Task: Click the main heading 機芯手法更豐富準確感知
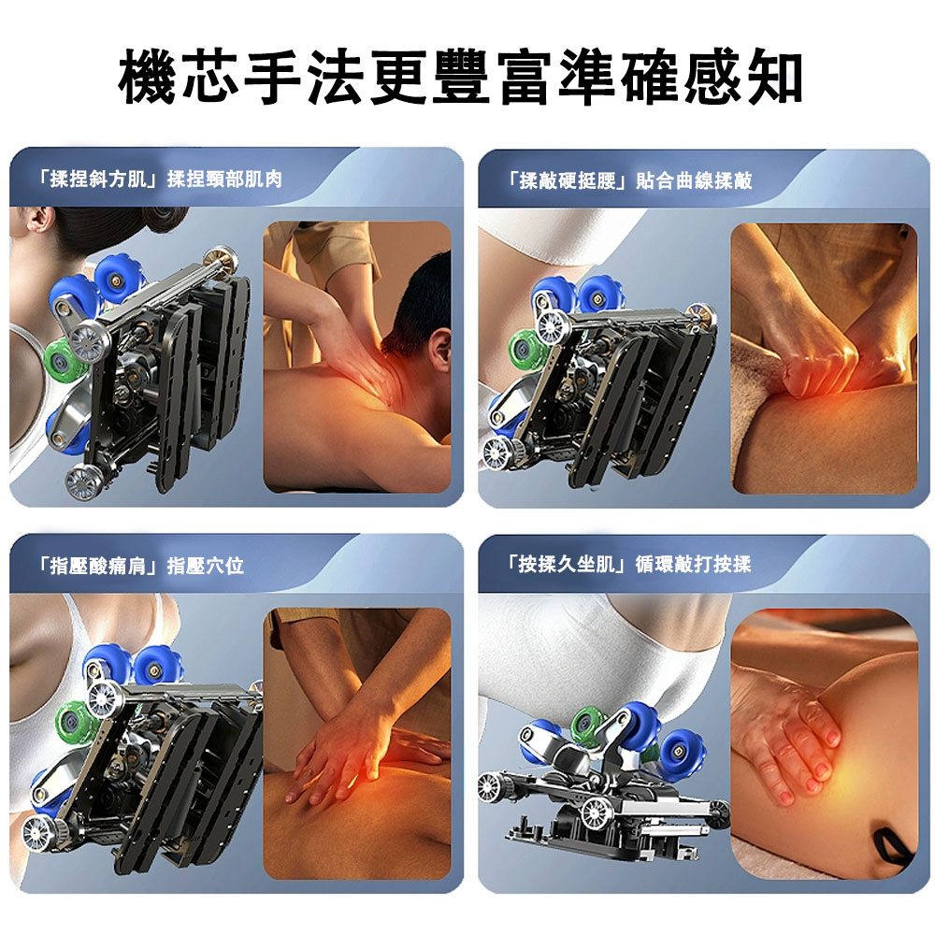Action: tap(460, 77)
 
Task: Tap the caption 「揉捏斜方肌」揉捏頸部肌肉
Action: tap(158, 179)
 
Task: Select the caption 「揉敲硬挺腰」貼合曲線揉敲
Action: tap(628, 180)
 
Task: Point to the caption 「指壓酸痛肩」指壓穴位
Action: tap(139, 566)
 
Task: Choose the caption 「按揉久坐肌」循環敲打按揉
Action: tap(627, 564)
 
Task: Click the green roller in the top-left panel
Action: tap(64, 360)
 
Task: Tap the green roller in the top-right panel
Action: tap(527, 348)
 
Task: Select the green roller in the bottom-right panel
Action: tap(588, 724)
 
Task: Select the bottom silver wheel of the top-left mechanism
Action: tap(81, 482)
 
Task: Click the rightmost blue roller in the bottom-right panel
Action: tap(683, 753)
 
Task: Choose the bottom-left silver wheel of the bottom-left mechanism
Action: tap(38, 832)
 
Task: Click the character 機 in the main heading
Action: tap(148, 78)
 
